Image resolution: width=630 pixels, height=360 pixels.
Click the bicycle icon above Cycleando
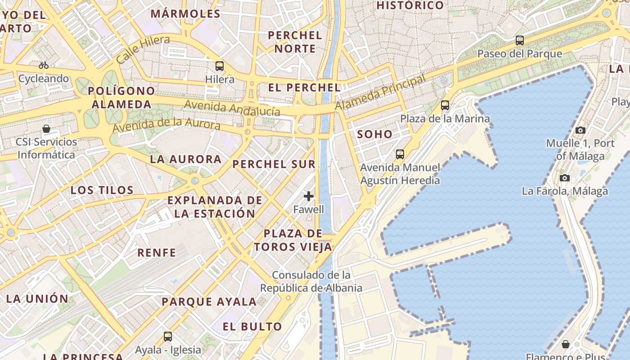(44, 65)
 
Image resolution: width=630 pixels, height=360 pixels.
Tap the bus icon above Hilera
(220, 66)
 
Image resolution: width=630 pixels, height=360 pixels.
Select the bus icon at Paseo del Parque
(520, 40)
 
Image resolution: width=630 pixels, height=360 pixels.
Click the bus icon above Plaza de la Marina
(445, 105)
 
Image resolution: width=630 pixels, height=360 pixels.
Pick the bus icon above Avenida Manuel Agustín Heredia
(400, 154)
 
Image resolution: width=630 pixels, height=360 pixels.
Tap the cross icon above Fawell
(309, 196)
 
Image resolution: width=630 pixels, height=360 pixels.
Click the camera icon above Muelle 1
(580, 130)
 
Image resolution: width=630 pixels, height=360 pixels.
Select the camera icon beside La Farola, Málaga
(565, 178)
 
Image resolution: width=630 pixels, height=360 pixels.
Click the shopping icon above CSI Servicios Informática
(46, 129)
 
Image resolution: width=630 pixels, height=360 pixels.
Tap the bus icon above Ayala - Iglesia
(168, 336)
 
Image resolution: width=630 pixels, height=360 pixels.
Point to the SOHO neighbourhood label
(374, 134)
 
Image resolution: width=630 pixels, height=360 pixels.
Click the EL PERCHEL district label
(304, 88)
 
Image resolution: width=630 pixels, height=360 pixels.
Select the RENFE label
(157, 252)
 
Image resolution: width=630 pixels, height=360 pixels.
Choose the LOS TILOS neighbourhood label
(102, 190)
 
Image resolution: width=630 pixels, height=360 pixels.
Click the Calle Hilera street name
(143, 49)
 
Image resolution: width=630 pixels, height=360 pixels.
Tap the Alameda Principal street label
(380, 93)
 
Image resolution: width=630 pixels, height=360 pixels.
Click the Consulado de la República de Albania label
(311, 281)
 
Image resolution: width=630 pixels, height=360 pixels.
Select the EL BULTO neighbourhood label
(252, 326)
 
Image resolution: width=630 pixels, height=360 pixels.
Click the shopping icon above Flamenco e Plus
(566, 344)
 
